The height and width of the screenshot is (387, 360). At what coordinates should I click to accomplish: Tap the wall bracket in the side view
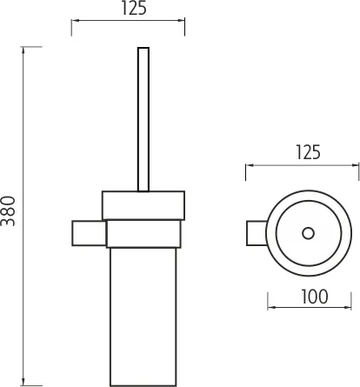click(x=88, y=234)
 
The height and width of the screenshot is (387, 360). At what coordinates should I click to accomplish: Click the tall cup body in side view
click(x=143, y=313)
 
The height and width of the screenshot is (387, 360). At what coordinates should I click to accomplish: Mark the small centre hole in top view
click(x=306, y=232)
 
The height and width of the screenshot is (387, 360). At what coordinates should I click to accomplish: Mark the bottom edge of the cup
click(x=143, y=384)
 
